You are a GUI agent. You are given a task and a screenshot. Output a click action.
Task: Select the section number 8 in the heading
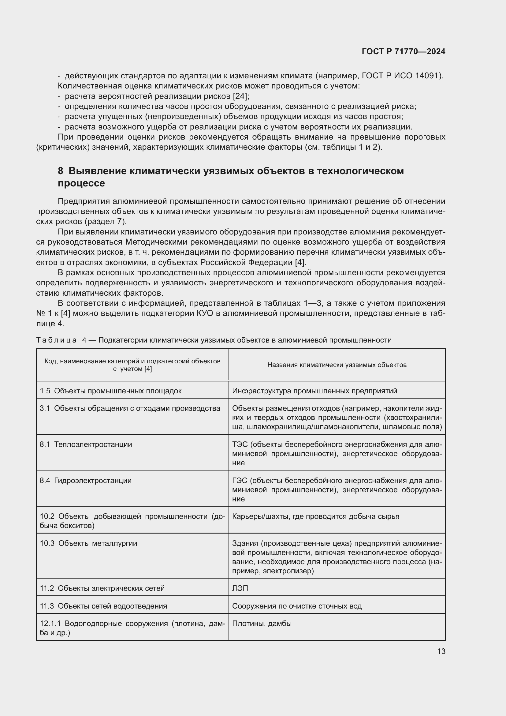coord(61,171)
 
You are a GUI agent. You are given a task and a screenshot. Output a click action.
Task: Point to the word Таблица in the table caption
coord(56,340)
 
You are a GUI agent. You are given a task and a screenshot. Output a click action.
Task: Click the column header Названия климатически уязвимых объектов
coord(337,365)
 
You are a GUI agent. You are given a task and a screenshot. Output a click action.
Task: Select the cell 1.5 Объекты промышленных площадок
coord(111,391)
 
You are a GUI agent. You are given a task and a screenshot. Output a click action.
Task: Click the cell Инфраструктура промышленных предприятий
coord(314,391)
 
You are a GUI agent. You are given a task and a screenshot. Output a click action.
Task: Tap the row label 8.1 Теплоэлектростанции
coord(86,444)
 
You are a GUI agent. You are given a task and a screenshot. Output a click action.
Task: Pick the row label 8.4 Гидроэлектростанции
coord(86,481)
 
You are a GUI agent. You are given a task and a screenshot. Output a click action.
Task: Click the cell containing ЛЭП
coord(240,588)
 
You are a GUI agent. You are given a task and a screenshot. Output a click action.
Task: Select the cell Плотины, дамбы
coord(262,623)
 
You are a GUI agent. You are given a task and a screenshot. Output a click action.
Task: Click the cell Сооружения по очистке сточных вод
coord(297,606)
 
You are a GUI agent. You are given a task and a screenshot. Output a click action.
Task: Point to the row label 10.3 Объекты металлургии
coord(88,543)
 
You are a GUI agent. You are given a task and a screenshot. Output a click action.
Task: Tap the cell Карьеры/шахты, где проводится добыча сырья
coord(315,516)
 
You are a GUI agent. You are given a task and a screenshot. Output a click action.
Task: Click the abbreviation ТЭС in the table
coord(240,444)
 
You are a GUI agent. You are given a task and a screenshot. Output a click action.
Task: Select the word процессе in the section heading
coord(81,183)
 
